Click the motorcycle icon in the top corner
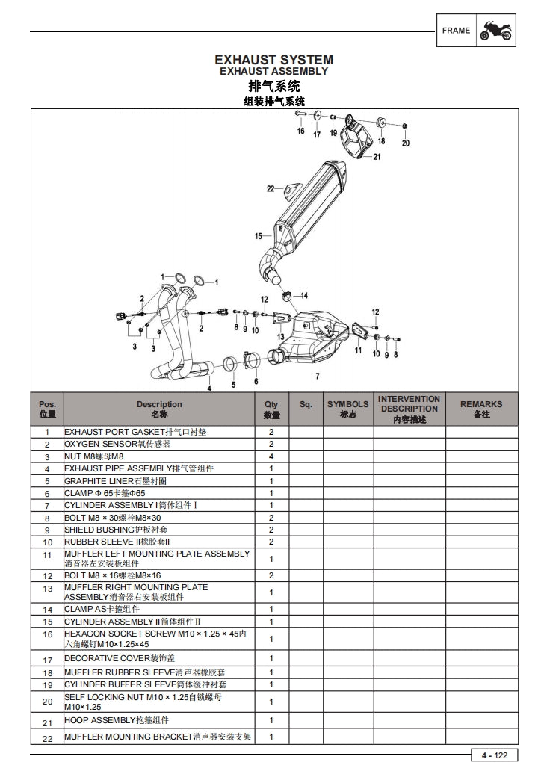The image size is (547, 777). (495, 31)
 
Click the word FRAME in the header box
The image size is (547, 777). (456, 31)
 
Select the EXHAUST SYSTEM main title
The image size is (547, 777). (273, 59)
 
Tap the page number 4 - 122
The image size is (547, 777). (494, 755)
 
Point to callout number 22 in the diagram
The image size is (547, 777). (271, 188)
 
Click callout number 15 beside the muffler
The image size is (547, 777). (258, 236)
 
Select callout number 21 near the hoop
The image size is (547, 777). (377, 157)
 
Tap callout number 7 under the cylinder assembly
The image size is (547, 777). (317, 376)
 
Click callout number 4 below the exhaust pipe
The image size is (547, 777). (209, 388)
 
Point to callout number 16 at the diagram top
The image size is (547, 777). (300, 131)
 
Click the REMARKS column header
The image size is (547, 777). (481, 409)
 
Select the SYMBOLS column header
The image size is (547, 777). (347, 409)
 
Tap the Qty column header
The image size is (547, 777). (271, 409)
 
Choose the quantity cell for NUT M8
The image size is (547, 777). (271, 456)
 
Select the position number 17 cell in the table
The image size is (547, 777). (47, 659)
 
